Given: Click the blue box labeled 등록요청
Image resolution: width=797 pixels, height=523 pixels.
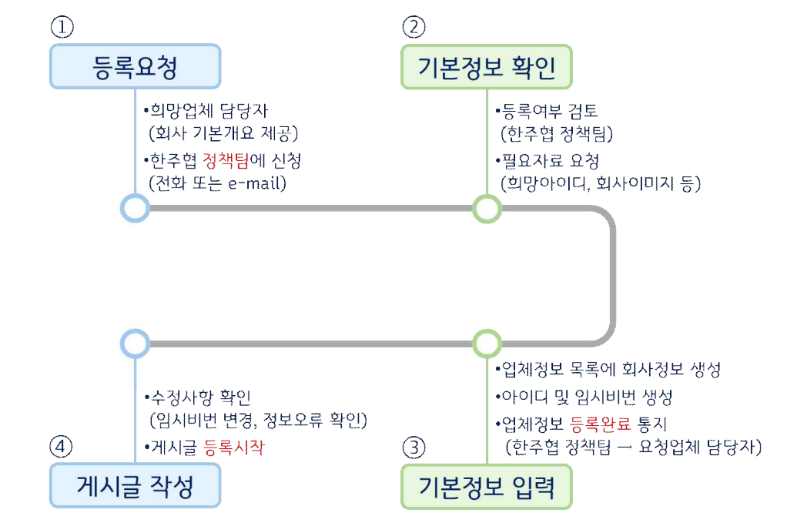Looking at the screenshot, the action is pos(136,66).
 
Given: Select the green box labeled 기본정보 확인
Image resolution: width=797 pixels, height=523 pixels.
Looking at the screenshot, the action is pos(487,66).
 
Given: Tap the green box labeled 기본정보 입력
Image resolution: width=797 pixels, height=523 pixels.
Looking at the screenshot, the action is pos(487,486).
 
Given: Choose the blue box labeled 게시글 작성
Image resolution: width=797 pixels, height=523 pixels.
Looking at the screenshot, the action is pos(136,486).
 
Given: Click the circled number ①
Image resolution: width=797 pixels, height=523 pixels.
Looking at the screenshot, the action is pos(62,27).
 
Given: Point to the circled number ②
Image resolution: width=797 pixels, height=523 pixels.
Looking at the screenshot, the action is pos(414,27).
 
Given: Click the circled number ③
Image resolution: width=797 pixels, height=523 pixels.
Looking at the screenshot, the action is pos(414,448).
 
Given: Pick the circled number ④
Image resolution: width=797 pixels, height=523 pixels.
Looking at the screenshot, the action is pos(61,447).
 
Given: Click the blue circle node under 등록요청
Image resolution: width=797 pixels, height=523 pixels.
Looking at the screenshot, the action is pos(136,208).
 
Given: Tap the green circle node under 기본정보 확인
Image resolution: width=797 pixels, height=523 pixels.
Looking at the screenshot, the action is pos(487,209).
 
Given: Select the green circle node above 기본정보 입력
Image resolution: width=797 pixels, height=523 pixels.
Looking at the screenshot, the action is pos(487,344).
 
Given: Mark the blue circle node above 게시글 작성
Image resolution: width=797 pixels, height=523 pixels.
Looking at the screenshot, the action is pos(136,344).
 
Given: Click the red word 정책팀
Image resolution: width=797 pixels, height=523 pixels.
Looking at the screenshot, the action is pos(226,161).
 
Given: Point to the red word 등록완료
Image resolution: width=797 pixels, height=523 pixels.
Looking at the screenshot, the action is pos(601,424).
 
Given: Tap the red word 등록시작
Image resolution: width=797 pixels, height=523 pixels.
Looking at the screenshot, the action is pos(234,448).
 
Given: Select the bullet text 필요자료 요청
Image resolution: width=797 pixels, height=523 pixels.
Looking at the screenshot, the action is pos(548,161).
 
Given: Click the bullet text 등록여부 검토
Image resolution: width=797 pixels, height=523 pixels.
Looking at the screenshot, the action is pos(547,111).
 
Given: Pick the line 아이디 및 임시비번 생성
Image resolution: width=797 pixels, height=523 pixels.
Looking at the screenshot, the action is pos(584,397).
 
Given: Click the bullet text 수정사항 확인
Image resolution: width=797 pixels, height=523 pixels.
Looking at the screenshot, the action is pos(198,397).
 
